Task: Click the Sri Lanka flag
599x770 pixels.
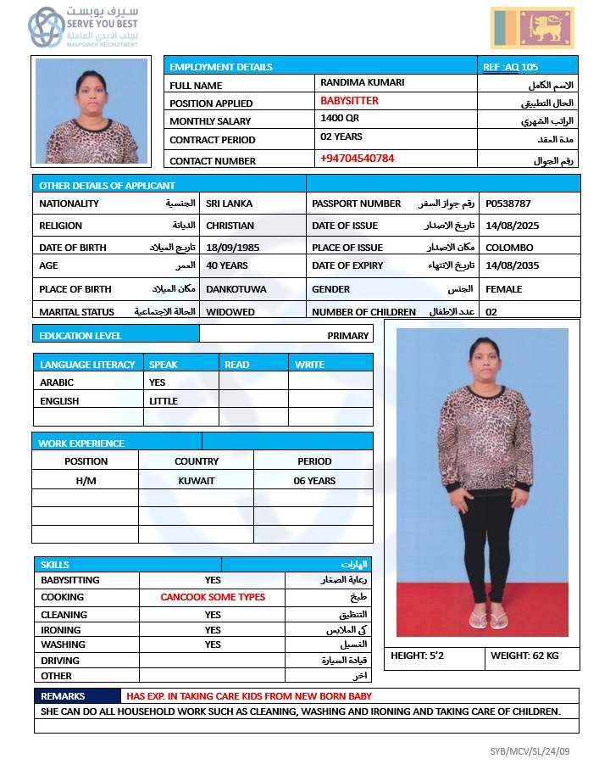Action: click(x=532, y=28)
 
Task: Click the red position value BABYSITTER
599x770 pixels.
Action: click(x=349, y=101)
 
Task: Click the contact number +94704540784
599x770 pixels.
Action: click(x=357, y=159)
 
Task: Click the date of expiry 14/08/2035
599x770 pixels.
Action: click(x=512, y=265)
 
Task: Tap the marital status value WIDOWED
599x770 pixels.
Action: click(x=230, y=312)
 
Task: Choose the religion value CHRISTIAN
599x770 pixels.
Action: click(x=230, y=226)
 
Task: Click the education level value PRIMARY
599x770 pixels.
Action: click(x=348, y=336)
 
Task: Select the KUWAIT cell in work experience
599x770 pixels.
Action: click(x=197, y=481)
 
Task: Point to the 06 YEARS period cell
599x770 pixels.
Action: click(x=314, y=481)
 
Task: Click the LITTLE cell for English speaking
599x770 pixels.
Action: click(x=164, y=401)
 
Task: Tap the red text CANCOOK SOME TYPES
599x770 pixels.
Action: click(x=213, y=597)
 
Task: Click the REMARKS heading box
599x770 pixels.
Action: click(x=63, y=696)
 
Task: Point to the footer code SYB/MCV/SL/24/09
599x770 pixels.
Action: click(x=530, y=751)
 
